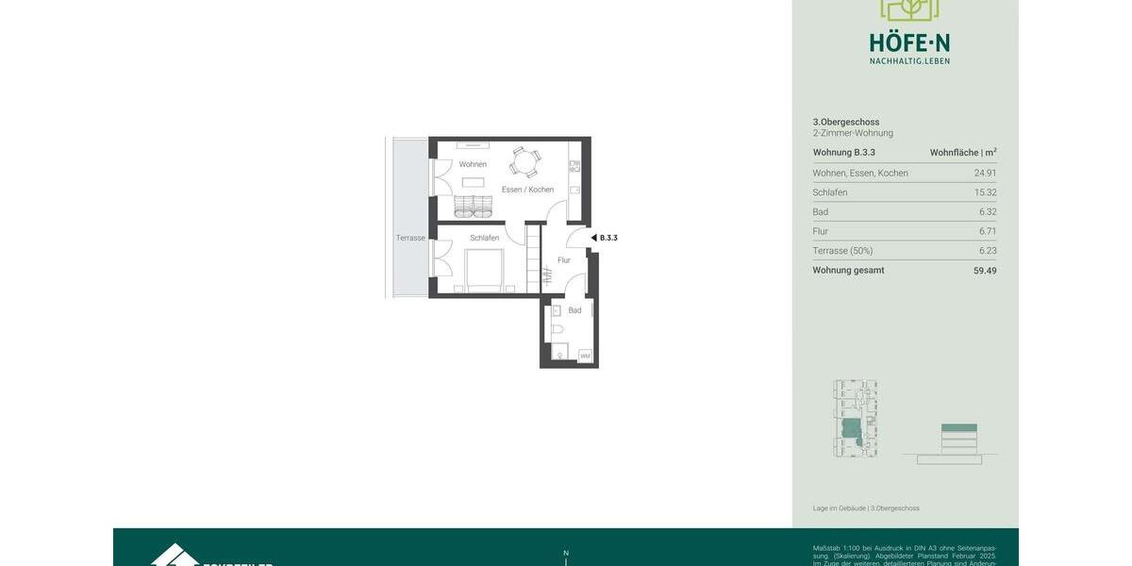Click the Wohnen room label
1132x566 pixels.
(473, 165)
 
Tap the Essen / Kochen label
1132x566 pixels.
(527, 190)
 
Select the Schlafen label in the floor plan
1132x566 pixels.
(484, 238)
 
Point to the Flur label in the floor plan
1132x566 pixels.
(564, 260)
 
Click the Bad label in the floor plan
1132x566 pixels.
(574, 310)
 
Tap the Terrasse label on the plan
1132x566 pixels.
(410, 238)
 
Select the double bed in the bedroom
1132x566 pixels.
(484, 272)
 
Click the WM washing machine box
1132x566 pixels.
(585, 356)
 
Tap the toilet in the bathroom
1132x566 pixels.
(558, 330)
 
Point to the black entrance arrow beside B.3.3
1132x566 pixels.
(593, 238)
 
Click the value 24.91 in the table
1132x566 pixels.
(985, 174)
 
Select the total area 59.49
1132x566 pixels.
(985, 271)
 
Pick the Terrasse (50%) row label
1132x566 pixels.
(842, 251)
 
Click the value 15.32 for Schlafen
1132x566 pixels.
(985, 192)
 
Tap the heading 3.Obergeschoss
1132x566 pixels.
(846, 122)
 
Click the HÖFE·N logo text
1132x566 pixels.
(909, 42)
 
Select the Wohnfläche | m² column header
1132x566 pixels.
(962, 153)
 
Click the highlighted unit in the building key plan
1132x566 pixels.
(851, 429)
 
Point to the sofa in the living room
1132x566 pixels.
(473, 206)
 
